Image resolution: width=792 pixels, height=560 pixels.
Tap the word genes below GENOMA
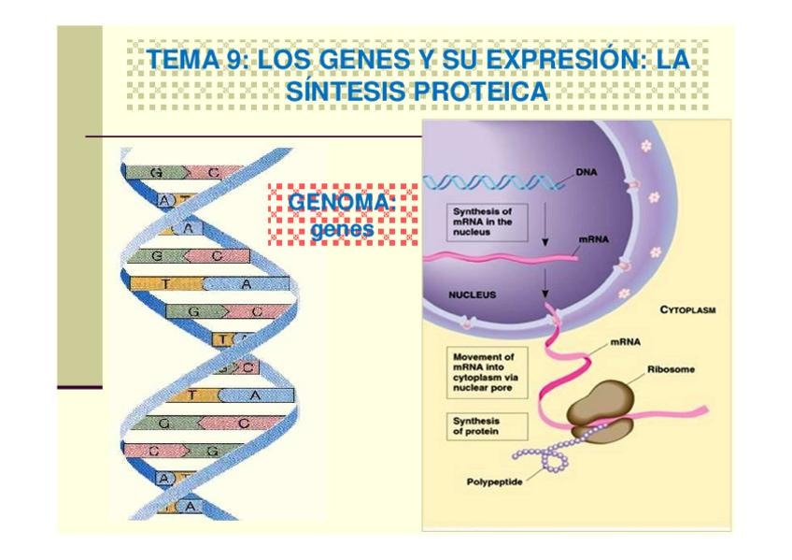[x=342, y=227]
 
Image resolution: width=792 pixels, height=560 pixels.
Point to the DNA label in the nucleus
[x=586, y=173]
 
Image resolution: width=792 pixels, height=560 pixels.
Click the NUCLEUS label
[x=472, y=294]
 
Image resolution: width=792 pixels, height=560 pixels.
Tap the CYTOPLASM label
[x=687, y=309]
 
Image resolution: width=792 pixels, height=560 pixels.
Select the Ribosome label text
[x=671, y=369]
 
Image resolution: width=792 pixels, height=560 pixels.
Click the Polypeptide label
[x=495, y=482]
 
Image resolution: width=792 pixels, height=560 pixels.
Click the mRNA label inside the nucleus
[x=593, y=239]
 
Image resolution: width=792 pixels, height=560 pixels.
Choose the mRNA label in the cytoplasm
[x=623, y=342]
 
